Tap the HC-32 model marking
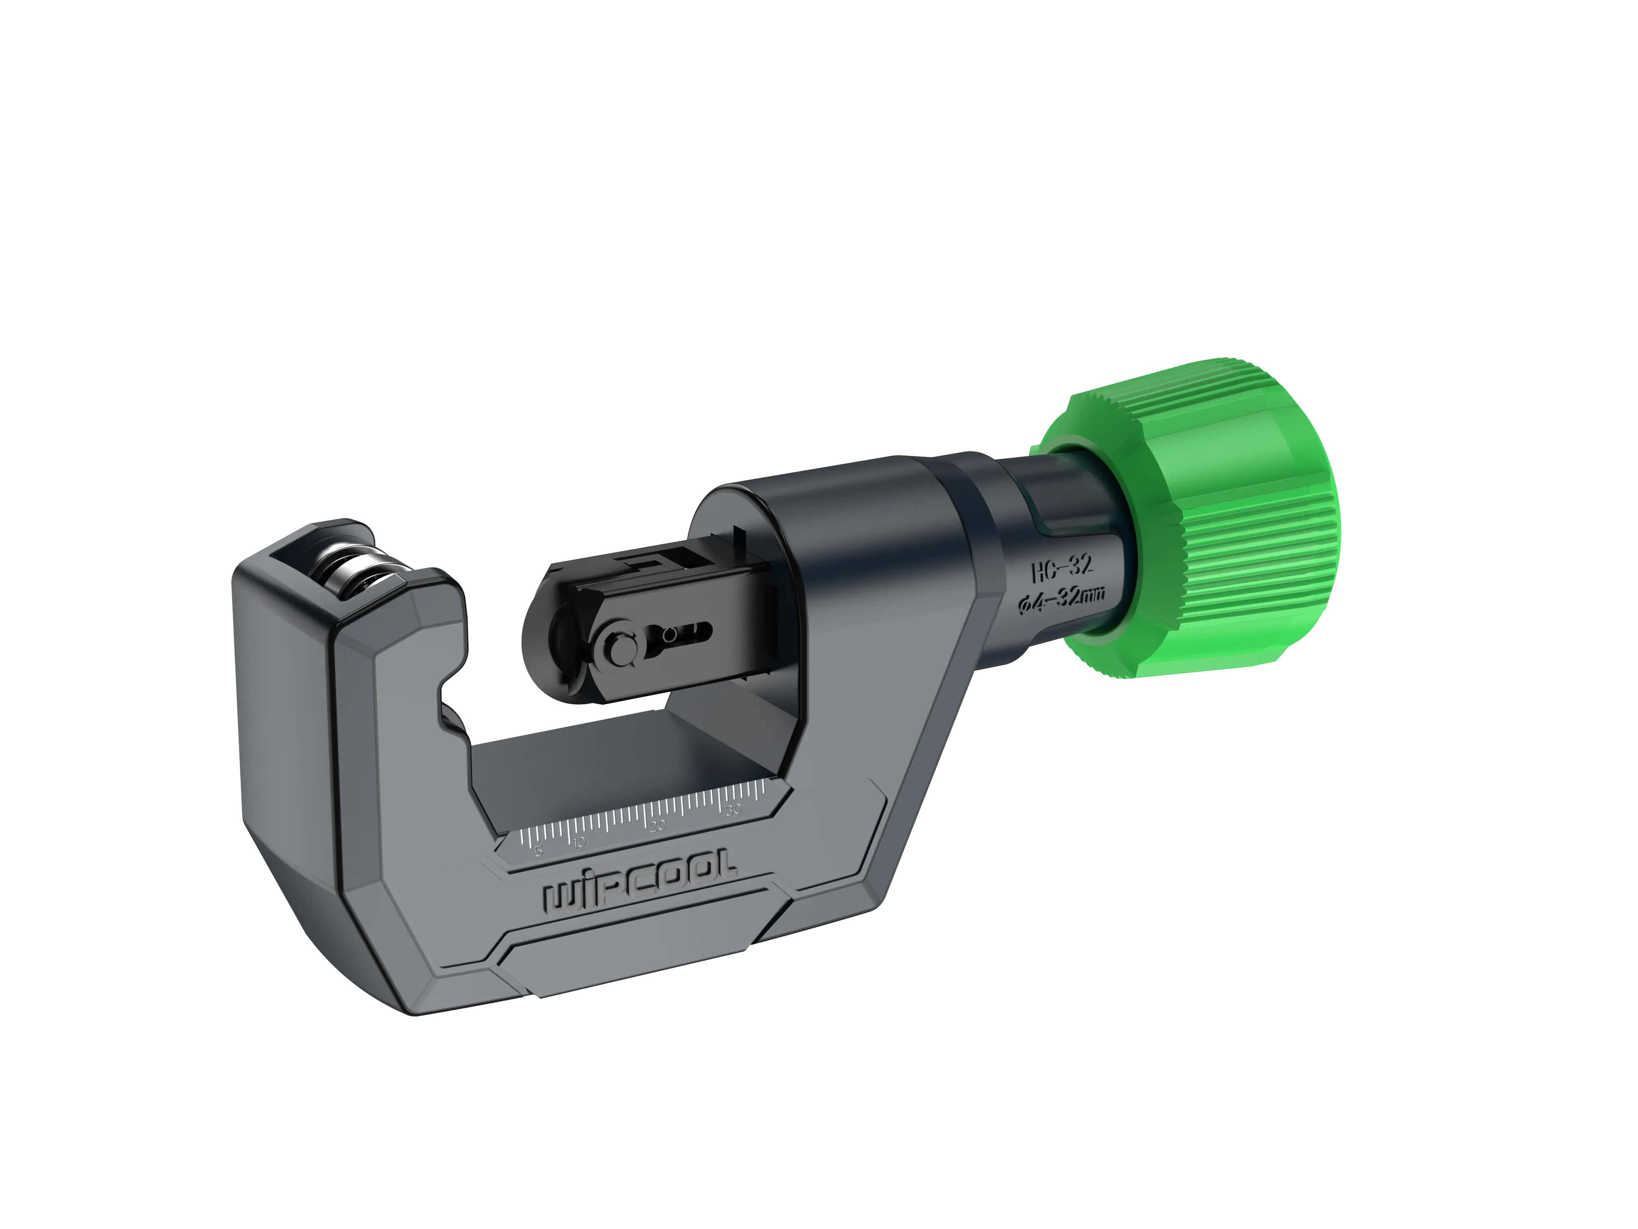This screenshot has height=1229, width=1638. (x=1062, y=568)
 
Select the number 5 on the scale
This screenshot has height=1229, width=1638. (x=538, y=850)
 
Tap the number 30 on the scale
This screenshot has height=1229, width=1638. (x=733, y=809)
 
